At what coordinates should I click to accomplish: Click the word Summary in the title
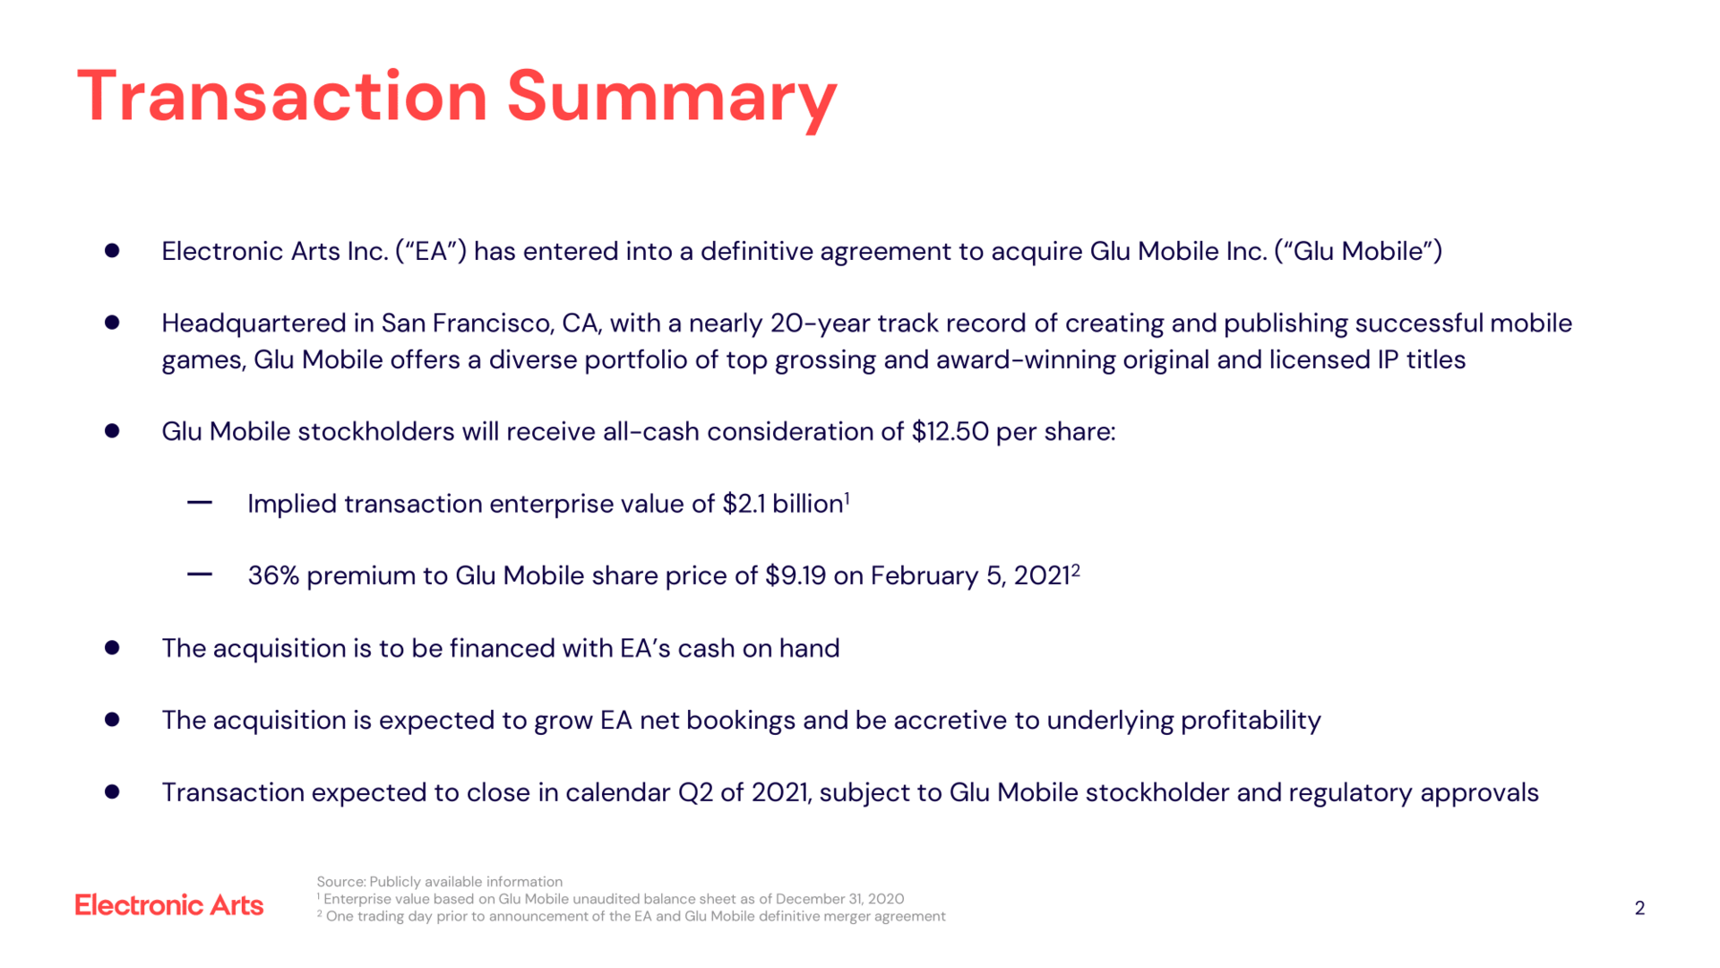(672, 98)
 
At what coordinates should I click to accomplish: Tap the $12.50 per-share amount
(950, 431)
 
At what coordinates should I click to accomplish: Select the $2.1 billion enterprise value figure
(783, 504)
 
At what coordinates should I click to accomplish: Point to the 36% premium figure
(273, 575)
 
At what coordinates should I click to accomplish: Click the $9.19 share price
(795, 575)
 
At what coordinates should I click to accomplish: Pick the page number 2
(1639, 908)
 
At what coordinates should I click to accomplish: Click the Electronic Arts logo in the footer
(169, 905)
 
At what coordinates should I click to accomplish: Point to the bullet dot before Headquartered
(112, 323)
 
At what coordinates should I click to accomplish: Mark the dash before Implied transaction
(200, 503)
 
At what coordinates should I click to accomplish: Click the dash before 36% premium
(200, 575)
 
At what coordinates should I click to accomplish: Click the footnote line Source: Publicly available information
(440, 882)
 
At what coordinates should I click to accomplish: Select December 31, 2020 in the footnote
(839, 899)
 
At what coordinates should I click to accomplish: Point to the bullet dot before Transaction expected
(112, 791)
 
